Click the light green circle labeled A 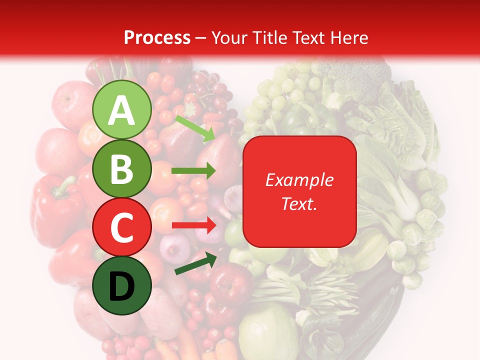(x=122, y=110)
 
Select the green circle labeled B (x=122, y=169)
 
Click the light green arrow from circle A (x=195, y=128)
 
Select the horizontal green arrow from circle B (x=193, y=171)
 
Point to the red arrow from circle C (x=193, y=225)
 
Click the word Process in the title (x=157, y=37)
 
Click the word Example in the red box (x=299, y=180)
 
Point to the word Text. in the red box (x=299, y=203)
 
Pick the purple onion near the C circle (x=175, y=245)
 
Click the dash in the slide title (x=201, y=37)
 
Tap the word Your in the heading (x=228, y=37)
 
